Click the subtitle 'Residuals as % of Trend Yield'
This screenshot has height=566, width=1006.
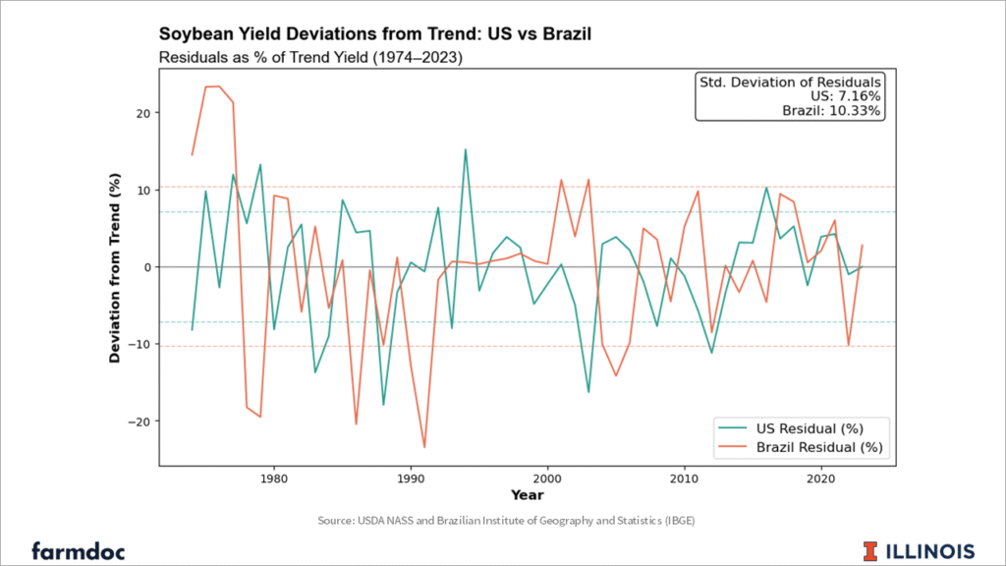coord(310,57)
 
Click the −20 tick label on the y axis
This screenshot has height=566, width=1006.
coord(139,422)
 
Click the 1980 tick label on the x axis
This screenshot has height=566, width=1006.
coord(273,479)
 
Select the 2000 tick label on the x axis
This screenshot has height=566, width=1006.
coord(546,479)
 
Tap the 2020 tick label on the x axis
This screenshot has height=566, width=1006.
coord(819,479)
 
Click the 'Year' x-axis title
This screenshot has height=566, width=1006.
coord(527,495)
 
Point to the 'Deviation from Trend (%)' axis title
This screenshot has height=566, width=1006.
coord(115,268)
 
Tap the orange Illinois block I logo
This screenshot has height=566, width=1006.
coord(871,549)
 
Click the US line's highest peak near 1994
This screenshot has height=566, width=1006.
coord(466,149)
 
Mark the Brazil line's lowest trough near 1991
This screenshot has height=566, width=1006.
coord(424,447)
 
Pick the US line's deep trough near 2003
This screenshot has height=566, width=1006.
coord(588,392)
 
